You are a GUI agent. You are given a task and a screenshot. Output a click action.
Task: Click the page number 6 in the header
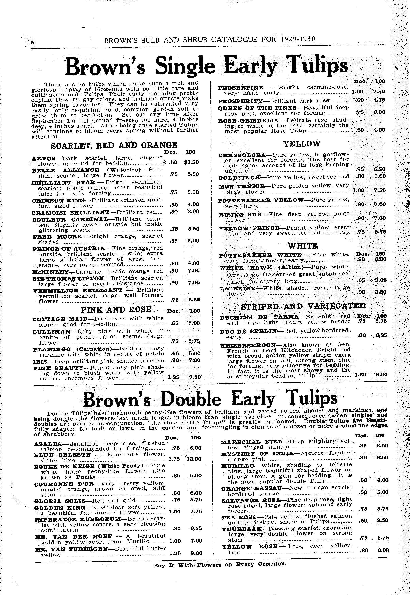click(x=32, y=42)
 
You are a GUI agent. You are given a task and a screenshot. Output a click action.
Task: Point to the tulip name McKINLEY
click(x=50, y=272)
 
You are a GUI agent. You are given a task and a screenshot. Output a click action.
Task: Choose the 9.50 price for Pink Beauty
click(x=195, y=377)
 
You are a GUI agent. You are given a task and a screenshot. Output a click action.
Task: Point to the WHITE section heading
click(x=303, y=246)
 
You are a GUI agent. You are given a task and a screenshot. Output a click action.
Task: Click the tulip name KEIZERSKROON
click(x=248, y=345)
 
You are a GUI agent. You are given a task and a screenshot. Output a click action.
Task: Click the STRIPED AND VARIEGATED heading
click(x=303, y=306)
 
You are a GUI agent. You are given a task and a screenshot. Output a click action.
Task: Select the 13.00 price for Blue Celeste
click(x=194, y=459)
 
